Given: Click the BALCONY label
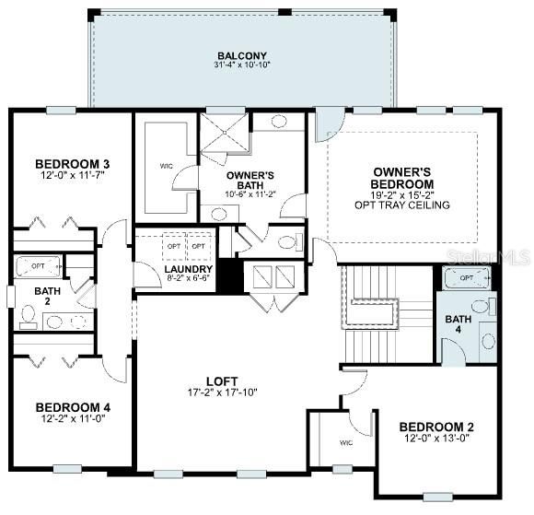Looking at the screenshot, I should (242, 54).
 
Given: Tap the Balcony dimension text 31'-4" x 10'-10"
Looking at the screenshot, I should (242, 65).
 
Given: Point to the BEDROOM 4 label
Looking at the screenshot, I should (73, 407).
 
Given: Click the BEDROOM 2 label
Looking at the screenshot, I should (436, 427).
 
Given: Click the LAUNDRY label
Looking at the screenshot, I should (190, 269).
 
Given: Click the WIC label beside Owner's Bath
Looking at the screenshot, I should (166, 166).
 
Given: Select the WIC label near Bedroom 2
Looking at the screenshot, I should (345, 443).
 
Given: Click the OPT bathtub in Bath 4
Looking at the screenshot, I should (467, 277).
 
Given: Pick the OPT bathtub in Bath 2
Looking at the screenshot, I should (38, 265).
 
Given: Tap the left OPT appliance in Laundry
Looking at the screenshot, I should (173, 247).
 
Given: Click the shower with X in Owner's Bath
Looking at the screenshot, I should (226, 139).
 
